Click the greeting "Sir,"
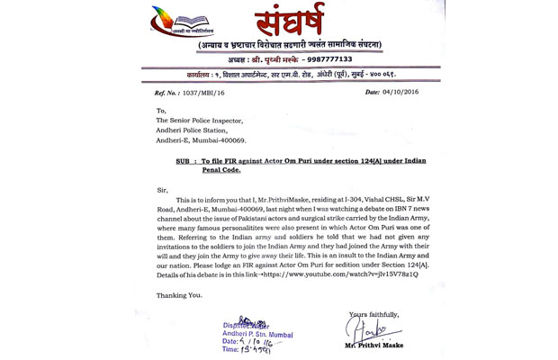click(x=161, y=190)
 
